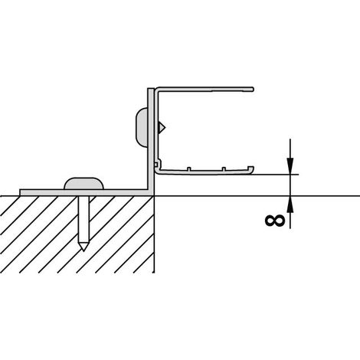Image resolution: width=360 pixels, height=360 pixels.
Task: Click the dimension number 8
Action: click(x=275, y=221)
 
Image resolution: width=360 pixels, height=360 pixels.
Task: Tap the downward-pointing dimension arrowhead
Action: click(x=290, y=166)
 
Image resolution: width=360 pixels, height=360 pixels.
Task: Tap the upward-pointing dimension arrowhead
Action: click(x=290, y=205)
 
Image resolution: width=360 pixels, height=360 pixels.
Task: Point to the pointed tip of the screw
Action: click(x=83, y=250)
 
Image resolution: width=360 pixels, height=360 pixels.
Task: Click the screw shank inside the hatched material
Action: click(x=83, y=221)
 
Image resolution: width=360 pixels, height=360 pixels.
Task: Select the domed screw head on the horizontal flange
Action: click(x=83, y=184)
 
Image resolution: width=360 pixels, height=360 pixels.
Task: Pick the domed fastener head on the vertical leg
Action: click(x=142, y=127)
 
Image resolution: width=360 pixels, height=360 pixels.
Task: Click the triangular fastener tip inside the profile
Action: click(x=162, y=127)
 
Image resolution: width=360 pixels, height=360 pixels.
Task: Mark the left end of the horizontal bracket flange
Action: click(x=20, y=192)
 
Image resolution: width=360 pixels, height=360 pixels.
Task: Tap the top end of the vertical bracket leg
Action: click(x=151, y=89)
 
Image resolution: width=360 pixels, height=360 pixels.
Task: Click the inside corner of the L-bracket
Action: click(x=148, y=189)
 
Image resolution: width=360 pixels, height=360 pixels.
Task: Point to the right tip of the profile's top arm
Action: click(x=253, y=89)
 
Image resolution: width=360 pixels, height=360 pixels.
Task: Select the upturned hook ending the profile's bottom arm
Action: click(x=251, y=169)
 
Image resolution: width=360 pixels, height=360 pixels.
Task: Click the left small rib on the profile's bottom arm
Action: click(x=189, y=169)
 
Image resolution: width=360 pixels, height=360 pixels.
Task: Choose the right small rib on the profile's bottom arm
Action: click(x=224, y=169)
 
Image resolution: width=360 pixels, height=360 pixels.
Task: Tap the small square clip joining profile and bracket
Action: click(x=155, y=163)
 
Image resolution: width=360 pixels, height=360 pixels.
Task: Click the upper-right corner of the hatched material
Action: click(x=154, y=196)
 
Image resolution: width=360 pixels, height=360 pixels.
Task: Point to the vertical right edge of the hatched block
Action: click(x=154, y=234)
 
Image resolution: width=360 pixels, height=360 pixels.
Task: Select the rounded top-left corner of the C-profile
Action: click(x=157, y=90)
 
